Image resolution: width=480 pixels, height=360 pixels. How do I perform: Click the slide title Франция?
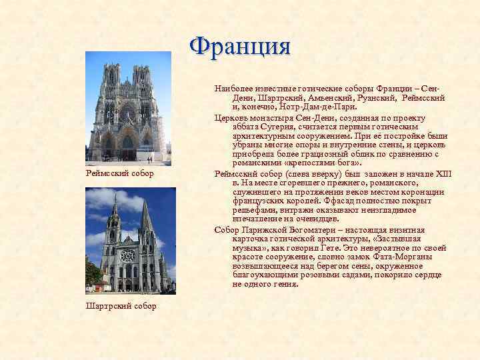point(240,47)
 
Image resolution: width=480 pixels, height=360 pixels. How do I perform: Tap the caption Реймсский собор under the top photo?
point(120,173)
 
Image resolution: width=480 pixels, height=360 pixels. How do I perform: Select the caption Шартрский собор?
point(121,306)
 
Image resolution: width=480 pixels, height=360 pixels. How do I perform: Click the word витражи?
point(295,209)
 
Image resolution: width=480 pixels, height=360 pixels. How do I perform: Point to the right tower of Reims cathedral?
point(142,83)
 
